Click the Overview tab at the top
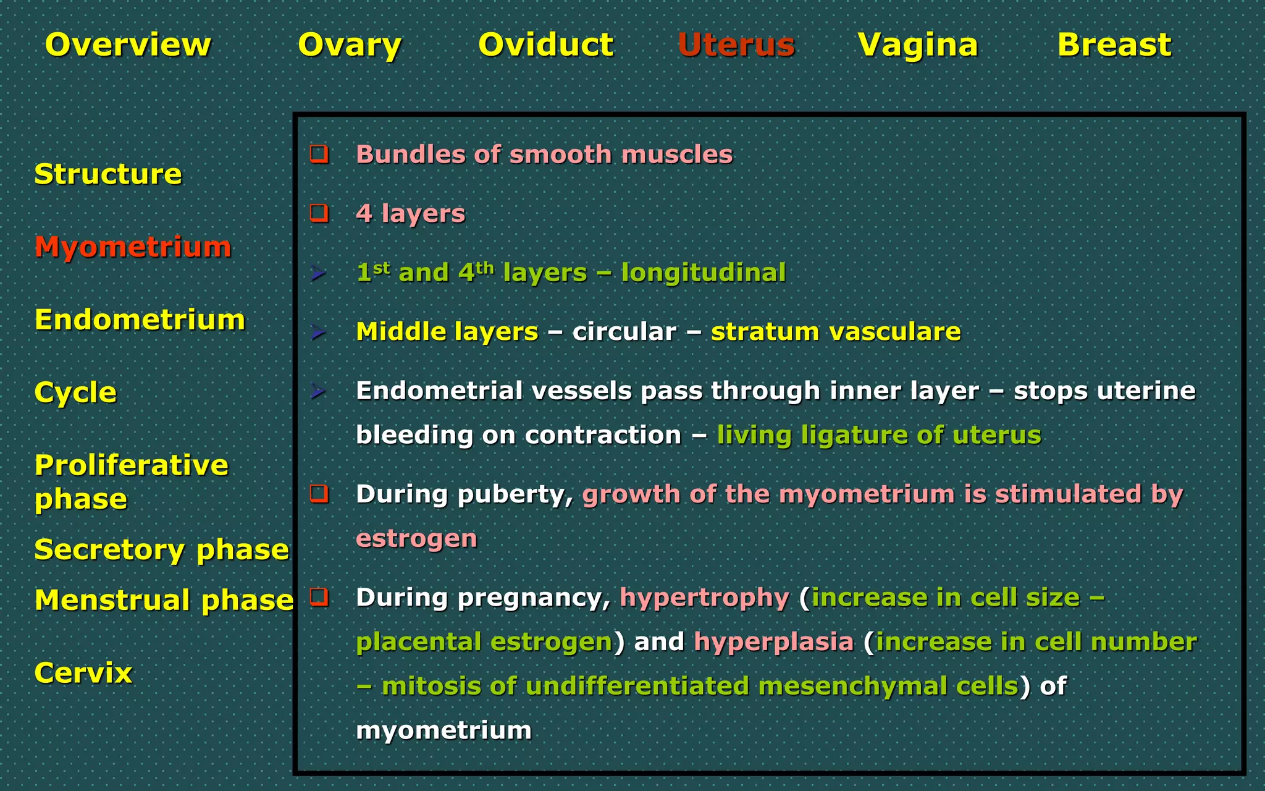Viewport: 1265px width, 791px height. pyautogui.click(x=128, y=44)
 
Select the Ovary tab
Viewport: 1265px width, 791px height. pyautogui.click(x=350, y=44)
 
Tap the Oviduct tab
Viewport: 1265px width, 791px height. pyautogui.click(x=546, y=44)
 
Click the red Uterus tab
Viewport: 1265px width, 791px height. pyautogui.click(x=736, y=44)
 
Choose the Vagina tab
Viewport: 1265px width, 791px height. pyautogui.click(x=918, y=44)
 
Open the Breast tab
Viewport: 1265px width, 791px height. pyautogui.click(x=1114, y=44)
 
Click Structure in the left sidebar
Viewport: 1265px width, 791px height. pyautogui.click(x=108, y=174)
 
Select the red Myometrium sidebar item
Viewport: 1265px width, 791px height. pyautogui.click(x=133, y=247)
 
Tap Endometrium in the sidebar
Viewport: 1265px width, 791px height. pyautogui.click(x=140, y=319)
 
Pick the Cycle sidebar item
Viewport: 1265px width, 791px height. pyautogui.click(x=75, y=392)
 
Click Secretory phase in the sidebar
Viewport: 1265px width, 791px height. pyautogui.click(x=161, y=549)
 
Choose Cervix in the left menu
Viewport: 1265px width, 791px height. pyautogui.click(x=83, y=672)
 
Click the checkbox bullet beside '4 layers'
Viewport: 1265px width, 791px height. pyautogui.click(x=319, y=213)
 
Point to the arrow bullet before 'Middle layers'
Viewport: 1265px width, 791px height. pyautogui.click(x=318, y=332)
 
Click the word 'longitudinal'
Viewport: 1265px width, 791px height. pyautogui.click(x=703, y=273)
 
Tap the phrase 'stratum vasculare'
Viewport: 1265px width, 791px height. pyautogui.click(x=836, y=332)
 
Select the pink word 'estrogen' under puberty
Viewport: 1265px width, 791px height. pyautogui.click(x=416, y=538)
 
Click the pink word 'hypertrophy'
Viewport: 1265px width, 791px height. pyautogui.click(x=704, y=598)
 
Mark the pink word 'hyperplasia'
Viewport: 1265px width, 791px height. pyautogui.click(x=773, y=641)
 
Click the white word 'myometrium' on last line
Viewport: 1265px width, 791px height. pyautogui.click(x=443, y=730)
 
